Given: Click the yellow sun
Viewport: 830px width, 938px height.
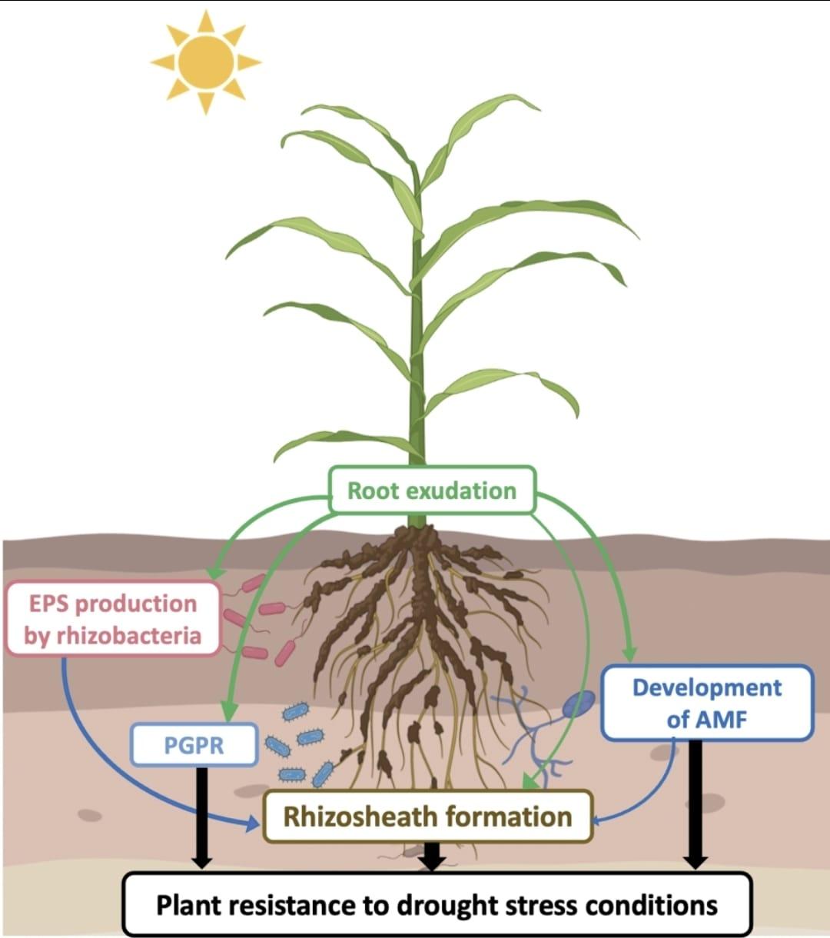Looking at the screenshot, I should (x=205, y=62).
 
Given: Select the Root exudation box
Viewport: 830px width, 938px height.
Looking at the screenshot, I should (x=431, y=490).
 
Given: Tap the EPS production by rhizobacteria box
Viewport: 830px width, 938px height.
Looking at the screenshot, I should (x=113, y=619).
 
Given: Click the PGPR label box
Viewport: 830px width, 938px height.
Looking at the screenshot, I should (x=194, y=744).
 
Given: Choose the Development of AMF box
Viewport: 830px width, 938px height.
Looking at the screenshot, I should (x=706, y=703).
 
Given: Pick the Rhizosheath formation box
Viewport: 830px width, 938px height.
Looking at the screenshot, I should (x=427, y=816).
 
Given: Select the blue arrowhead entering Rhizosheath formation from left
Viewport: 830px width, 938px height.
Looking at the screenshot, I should (x=253, y=824).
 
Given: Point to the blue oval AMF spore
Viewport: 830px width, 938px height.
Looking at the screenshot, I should (x=581, y=703).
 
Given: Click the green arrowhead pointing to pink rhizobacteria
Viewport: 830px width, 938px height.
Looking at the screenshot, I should (x=215, y=574).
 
